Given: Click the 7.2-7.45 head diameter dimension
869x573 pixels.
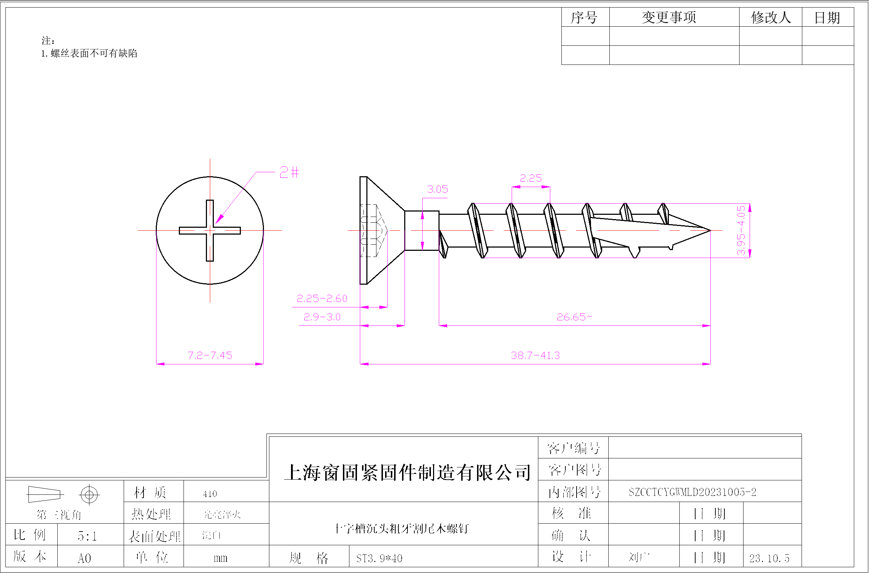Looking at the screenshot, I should (210, 355).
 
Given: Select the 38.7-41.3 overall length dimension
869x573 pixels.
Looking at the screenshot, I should (535, 355).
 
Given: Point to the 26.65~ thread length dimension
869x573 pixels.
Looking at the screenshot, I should (574, 317).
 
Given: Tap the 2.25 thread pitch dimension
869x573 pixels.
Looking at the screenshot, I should (530, 178).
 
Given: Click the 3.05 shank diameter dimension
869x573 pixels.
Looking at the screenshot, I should (437, 189).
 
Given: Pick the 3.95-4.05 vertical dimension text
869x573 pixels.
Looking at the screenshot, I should (741, 230).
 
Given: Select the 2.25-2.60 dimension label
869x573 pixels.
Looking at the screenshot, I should (322, 298).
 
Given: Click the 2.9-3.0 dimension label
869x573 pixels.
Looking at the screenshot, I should (322, 317).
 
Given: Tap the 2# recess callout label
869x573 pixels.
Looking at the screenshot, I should (289, 172).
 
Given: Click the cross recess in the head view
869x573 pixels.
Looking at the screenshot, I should (210, 231).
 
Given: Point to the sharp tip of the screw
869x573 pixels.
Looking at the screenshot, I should (709, 231).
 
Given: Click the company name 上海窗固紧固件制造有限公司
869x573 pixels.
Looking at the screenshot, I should (407, 472).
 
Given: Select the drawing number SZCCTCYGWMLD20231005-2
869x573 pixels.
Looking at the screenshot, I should (692, 492).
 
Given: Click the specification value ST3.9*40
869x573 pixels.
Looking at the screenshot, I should (379, 558).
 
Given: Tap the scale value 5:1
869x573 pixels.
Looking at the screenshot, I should (87, 536).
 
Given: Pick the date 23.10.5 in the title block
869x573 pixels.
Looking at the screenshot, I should (769, 558).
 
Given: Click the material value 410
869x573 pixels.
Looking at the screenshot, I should (210, 494).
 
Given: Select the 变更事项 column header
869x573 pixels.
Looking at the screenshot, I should (669, 17).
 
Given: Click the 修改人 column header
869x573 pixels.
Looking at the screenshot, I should (771, 17).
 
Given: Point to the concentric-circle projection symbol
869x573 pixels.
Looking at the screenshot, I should (89, 495).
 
